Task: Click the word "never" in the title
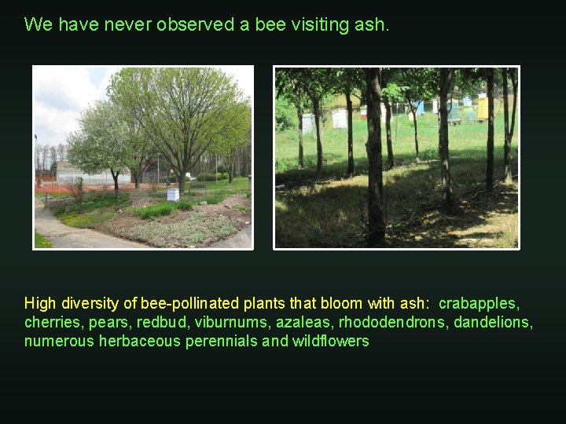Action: click(x=127, y=24)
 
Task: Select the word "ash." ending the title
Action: click(x=371, y=24)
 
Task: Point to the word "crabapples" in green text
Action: click(x=478, y=303)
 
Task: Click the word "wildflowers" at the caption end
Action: click(x=330, y=341)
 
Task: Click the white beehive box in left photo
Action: click(x=173, y=194)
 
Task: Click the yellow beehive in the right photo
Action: click(x=482, y=108)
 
